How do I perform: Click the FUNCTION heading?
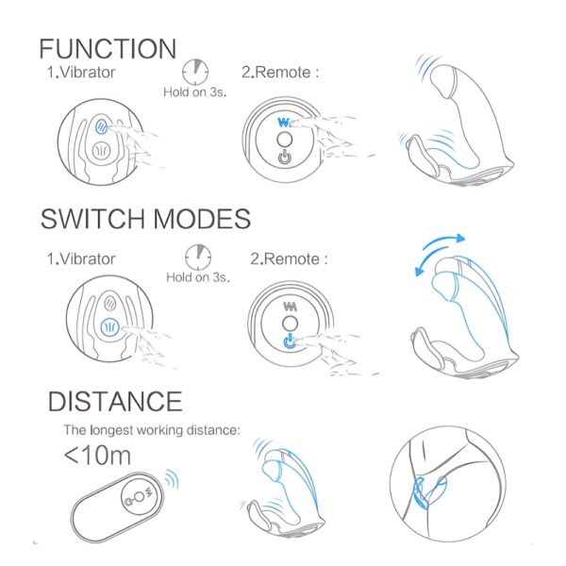108,49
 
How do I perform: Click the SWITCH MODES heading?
145,219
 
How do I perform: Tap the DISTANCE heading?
115,402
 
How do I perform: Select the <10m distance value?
97,456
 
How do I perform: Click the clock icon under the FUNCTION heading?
195,72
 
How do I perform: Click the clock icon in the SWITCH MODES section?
198,258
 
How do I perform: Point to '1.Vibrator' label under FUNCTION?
81,73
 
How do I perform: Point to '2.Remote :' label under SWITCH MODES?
290,258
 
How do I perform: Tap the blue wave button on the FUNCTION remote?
284,123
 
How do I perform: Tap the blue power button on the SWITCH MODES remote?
289,341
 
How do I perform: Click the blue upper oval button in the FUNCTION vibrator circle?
102,126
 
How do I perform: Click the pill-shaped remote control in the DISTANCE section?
117,506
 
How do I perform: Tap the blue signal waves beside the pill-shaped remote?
173,479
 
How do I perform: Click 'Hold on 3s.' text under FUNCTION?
195,92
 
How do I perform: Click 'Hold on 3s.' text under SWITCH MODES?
198,277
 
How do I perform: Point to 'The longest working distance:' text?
152,430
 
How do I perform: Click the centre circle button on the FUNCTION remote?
285,140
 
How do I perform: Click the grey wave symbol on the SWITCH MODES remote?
291,307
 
